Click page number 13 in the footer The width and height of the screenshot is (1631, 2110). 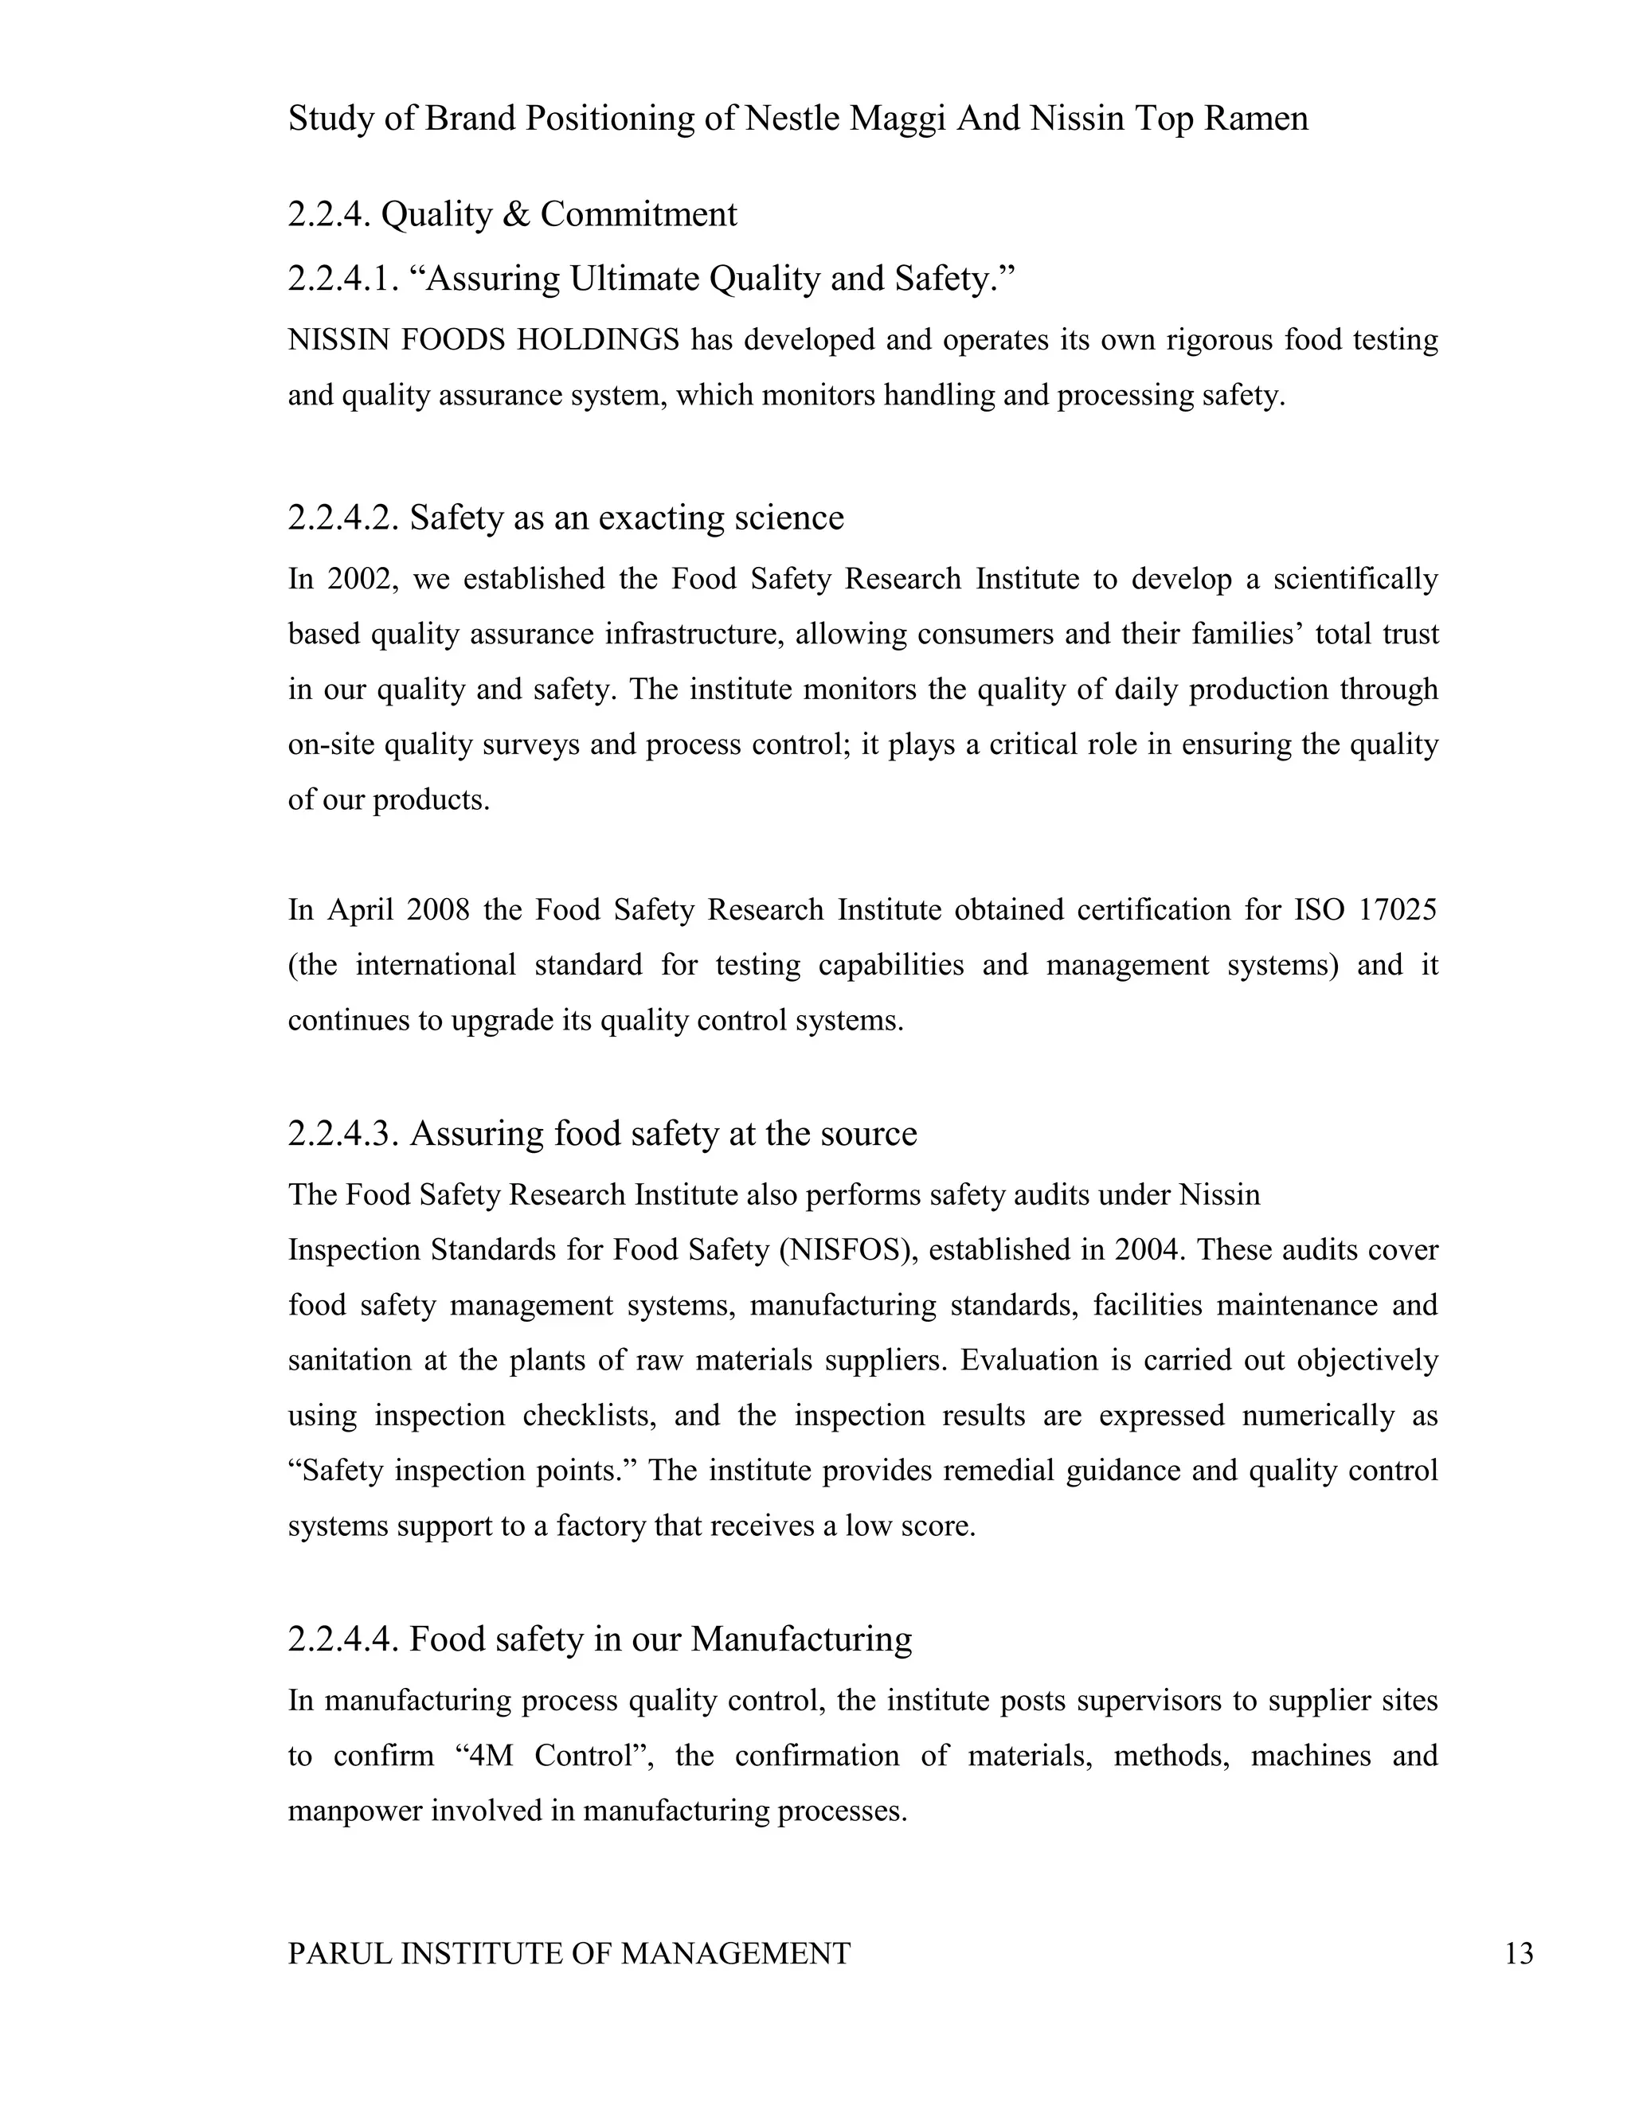pos(1519,1953)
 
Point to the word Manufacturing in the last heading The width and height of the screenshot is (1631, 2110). pos(801,1639)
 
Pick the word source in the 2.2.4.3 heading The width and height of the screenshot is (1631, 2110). pos(868,1133)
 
